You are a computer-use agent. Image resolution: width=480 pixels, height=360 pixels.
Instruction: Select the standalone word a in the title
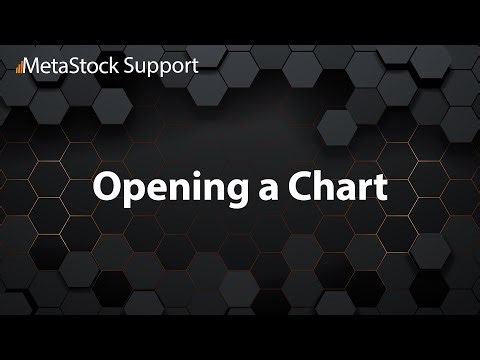point(259,188)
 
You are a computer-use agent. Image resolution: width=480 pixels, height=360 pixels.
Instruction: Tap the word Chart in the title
point(332,186)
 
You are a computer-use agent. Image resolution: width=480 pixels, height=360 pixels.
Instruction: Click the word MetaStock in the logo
point(67,65)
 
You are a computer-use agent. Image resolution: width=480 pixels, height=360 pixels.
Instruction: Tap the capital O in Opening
point(106,186)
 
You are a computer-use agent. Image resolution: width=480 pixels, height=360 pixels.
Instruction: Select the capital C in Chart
point(292,186)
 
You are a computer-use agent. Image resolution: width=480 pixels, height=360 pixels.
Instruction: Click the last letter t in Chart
point(379,187)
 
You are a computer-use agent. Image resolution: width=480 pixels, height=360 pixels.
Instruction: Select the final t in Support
point(194,66)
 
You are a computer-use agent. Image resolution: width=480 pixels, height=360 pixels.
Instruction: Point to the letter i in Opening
point(184,185)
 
